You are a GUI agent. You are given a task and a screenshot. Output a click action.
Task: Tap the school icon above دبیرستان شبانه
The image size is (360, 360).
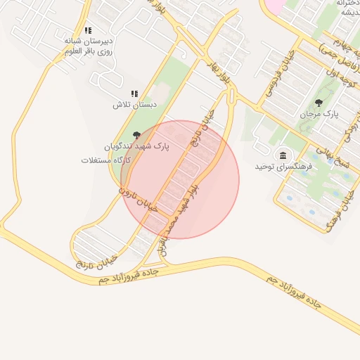click(x=89, y=31)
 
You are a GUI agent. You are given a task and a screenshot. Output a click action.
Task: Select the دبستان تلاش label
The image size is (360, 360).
click(x=134, y=105)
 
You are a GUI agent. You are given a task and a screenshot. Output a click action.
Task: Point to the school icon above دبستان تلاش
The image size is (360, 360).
click(x=134, y=94)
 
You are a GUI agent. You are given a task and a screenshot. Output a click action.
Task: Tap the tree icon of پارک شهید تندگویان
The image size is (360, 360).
click(x=137, y=135)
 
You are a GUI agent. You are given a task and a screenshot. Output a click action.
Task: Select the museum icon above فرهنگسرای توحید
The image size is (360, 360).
click(x=283, y=155)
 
